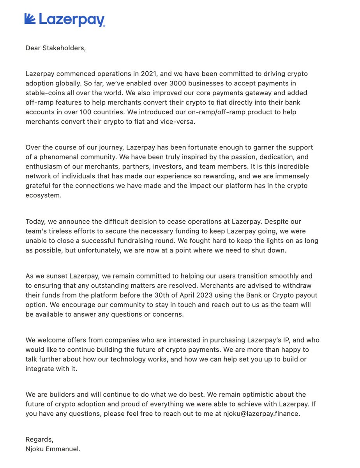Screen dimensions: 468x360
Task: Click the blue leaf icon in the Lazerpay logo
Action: (x=30, y=19)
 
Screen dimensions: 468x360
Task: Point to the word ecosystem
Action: (x=43, y=195)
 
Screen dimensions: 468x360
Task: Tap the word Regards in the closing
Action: (x=39, y=440)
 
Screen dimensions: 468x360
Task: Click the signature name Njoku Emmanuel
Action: (x=53, y=449)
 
